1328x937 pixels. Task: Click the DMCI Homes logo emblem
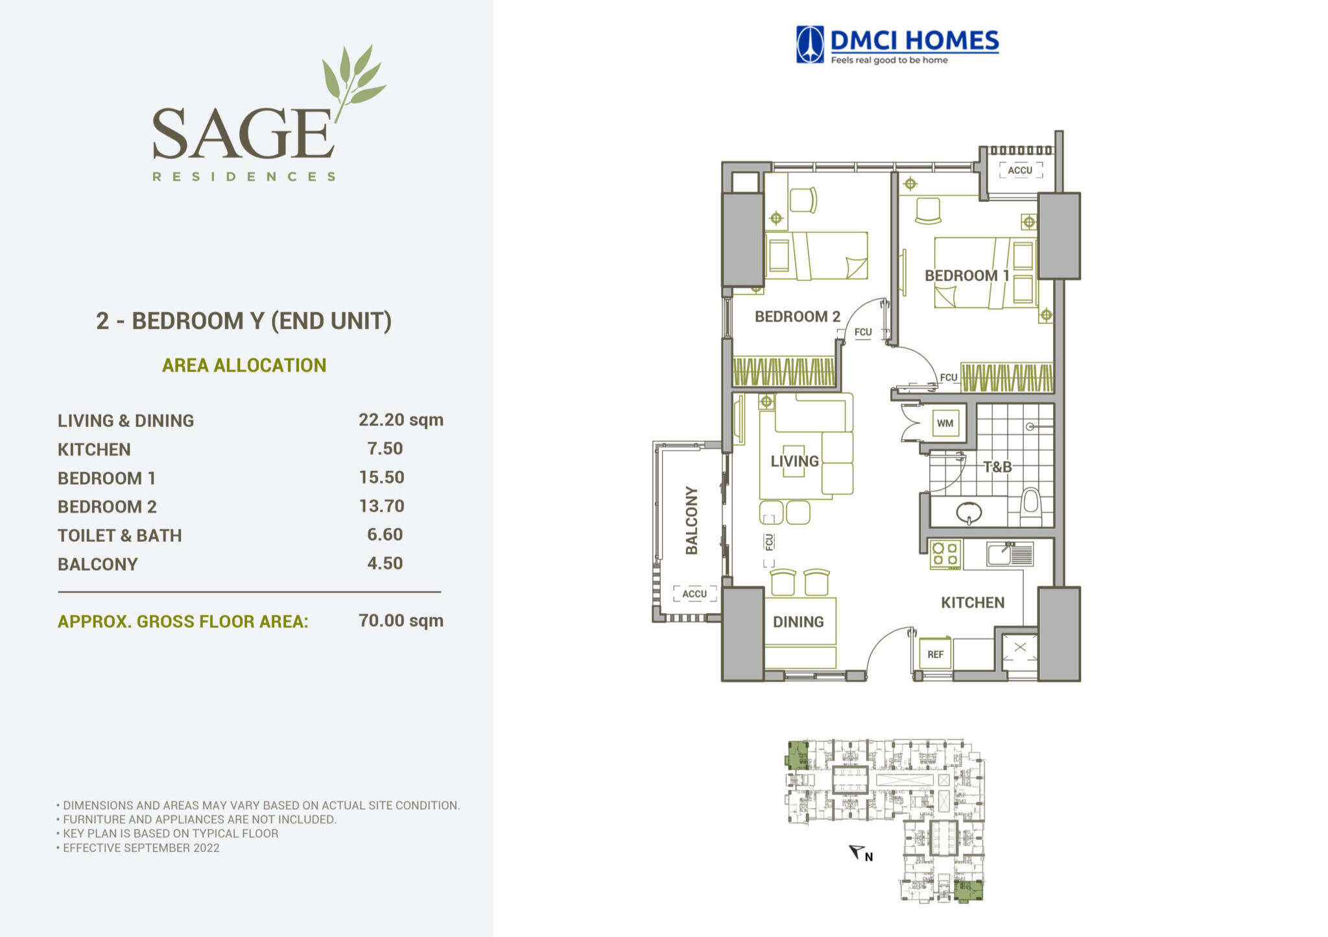(810, 44)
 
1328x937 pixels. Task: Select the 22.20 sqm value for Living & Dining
(401, 420)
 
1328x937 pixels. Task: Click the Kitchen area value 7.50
(385, 448)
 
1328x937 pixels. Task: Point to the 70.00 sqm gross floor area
(401, 620)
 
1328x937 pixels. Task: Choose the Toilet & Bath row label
(120, 535)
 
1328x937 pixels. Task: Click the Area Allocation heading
(244, 365)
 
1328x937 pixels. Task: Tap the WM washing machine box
(945, 423)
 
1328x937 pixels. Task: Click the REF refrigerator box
(935, 654)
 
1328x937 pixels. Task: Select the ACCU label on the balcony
(694, 594)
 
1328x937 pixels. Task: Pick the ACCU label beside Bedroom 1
(1020, 170)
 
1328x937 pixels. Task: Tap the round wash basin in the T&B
(969, 513)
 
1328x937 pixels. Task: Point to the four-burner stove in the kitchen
(945, 555)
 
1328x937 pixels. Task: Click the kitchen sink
(1010, 554)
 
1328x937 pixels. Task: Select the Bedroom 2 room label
(798, 317)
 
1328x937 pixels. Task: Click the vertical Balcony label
(692, 520)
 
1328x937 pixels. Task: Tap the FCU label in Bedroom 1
(949, 377)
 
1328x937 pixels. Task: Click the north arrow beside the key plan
(858, 851)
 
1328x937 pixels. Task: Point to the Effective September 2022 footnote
(141, 847)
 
